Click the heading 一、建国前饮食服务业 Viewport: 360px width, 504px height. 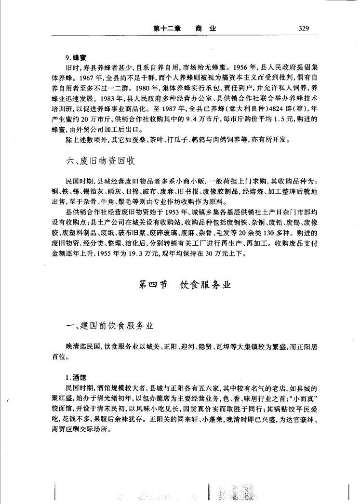(x=110, y=326)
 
